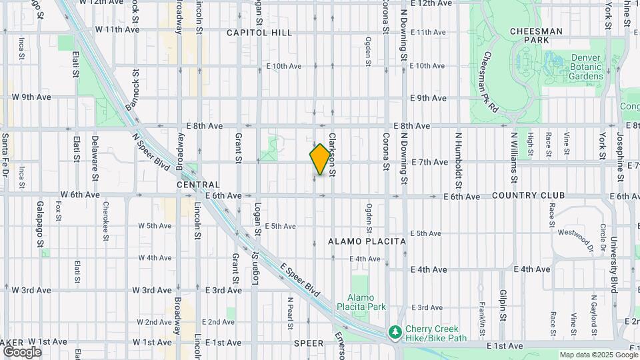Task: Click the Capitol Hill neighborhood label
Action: [x=259, y=32]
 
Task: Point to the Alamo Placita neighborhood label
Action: [x=366, y=240]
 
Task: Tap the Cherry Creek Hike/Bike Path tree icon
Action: [x=395, y=331]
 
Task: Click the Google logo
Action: [x=21, y=351]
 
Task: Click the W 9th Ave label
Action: [x=31, y=97]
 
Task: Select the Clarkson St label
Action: [x=331, y=155]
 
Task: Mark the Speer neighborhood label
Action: [x=308, y=343]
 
